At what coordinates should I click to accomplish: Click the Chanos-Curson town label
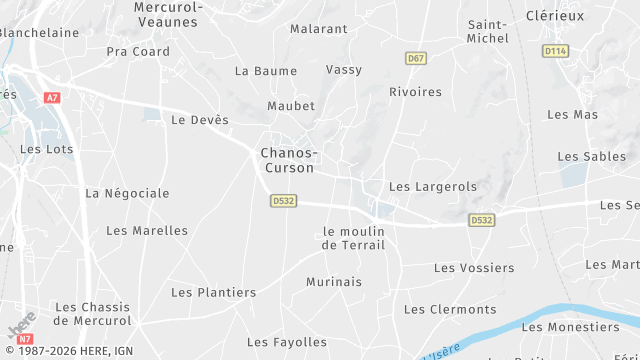pos(288,160)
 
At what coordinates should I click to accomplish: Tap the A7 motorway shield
pos(52,97)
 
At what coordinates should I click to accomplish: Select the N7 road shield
pos(26,339)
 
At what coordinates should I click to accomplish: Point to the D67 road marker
pos(416,59)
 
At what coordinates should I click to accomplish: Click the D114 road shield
pos(555,50)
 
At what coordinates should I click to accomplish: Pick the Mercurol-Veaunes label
pos(168,14)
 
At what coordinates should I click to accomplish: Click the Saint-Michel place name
pos(488,31)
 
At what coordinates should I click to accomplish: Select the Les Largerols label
pos(432,187)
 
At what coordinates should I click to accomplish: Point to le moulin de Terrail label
pos(353,238)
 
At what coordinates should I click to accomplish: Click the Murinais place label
pos(334,282)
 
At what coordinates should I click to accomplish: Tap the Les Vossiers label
pos(474,268)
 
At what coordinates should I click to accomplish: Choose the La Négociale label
pos(127,193)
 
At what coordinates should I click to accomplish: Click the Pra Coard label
pos(138,52)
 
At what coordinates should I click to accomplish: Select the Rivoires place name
pos(415,92)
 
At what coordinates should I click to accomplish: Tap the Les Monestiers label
pos(571,327)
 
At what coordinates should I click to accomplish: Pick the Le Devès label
pos(200,120)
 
